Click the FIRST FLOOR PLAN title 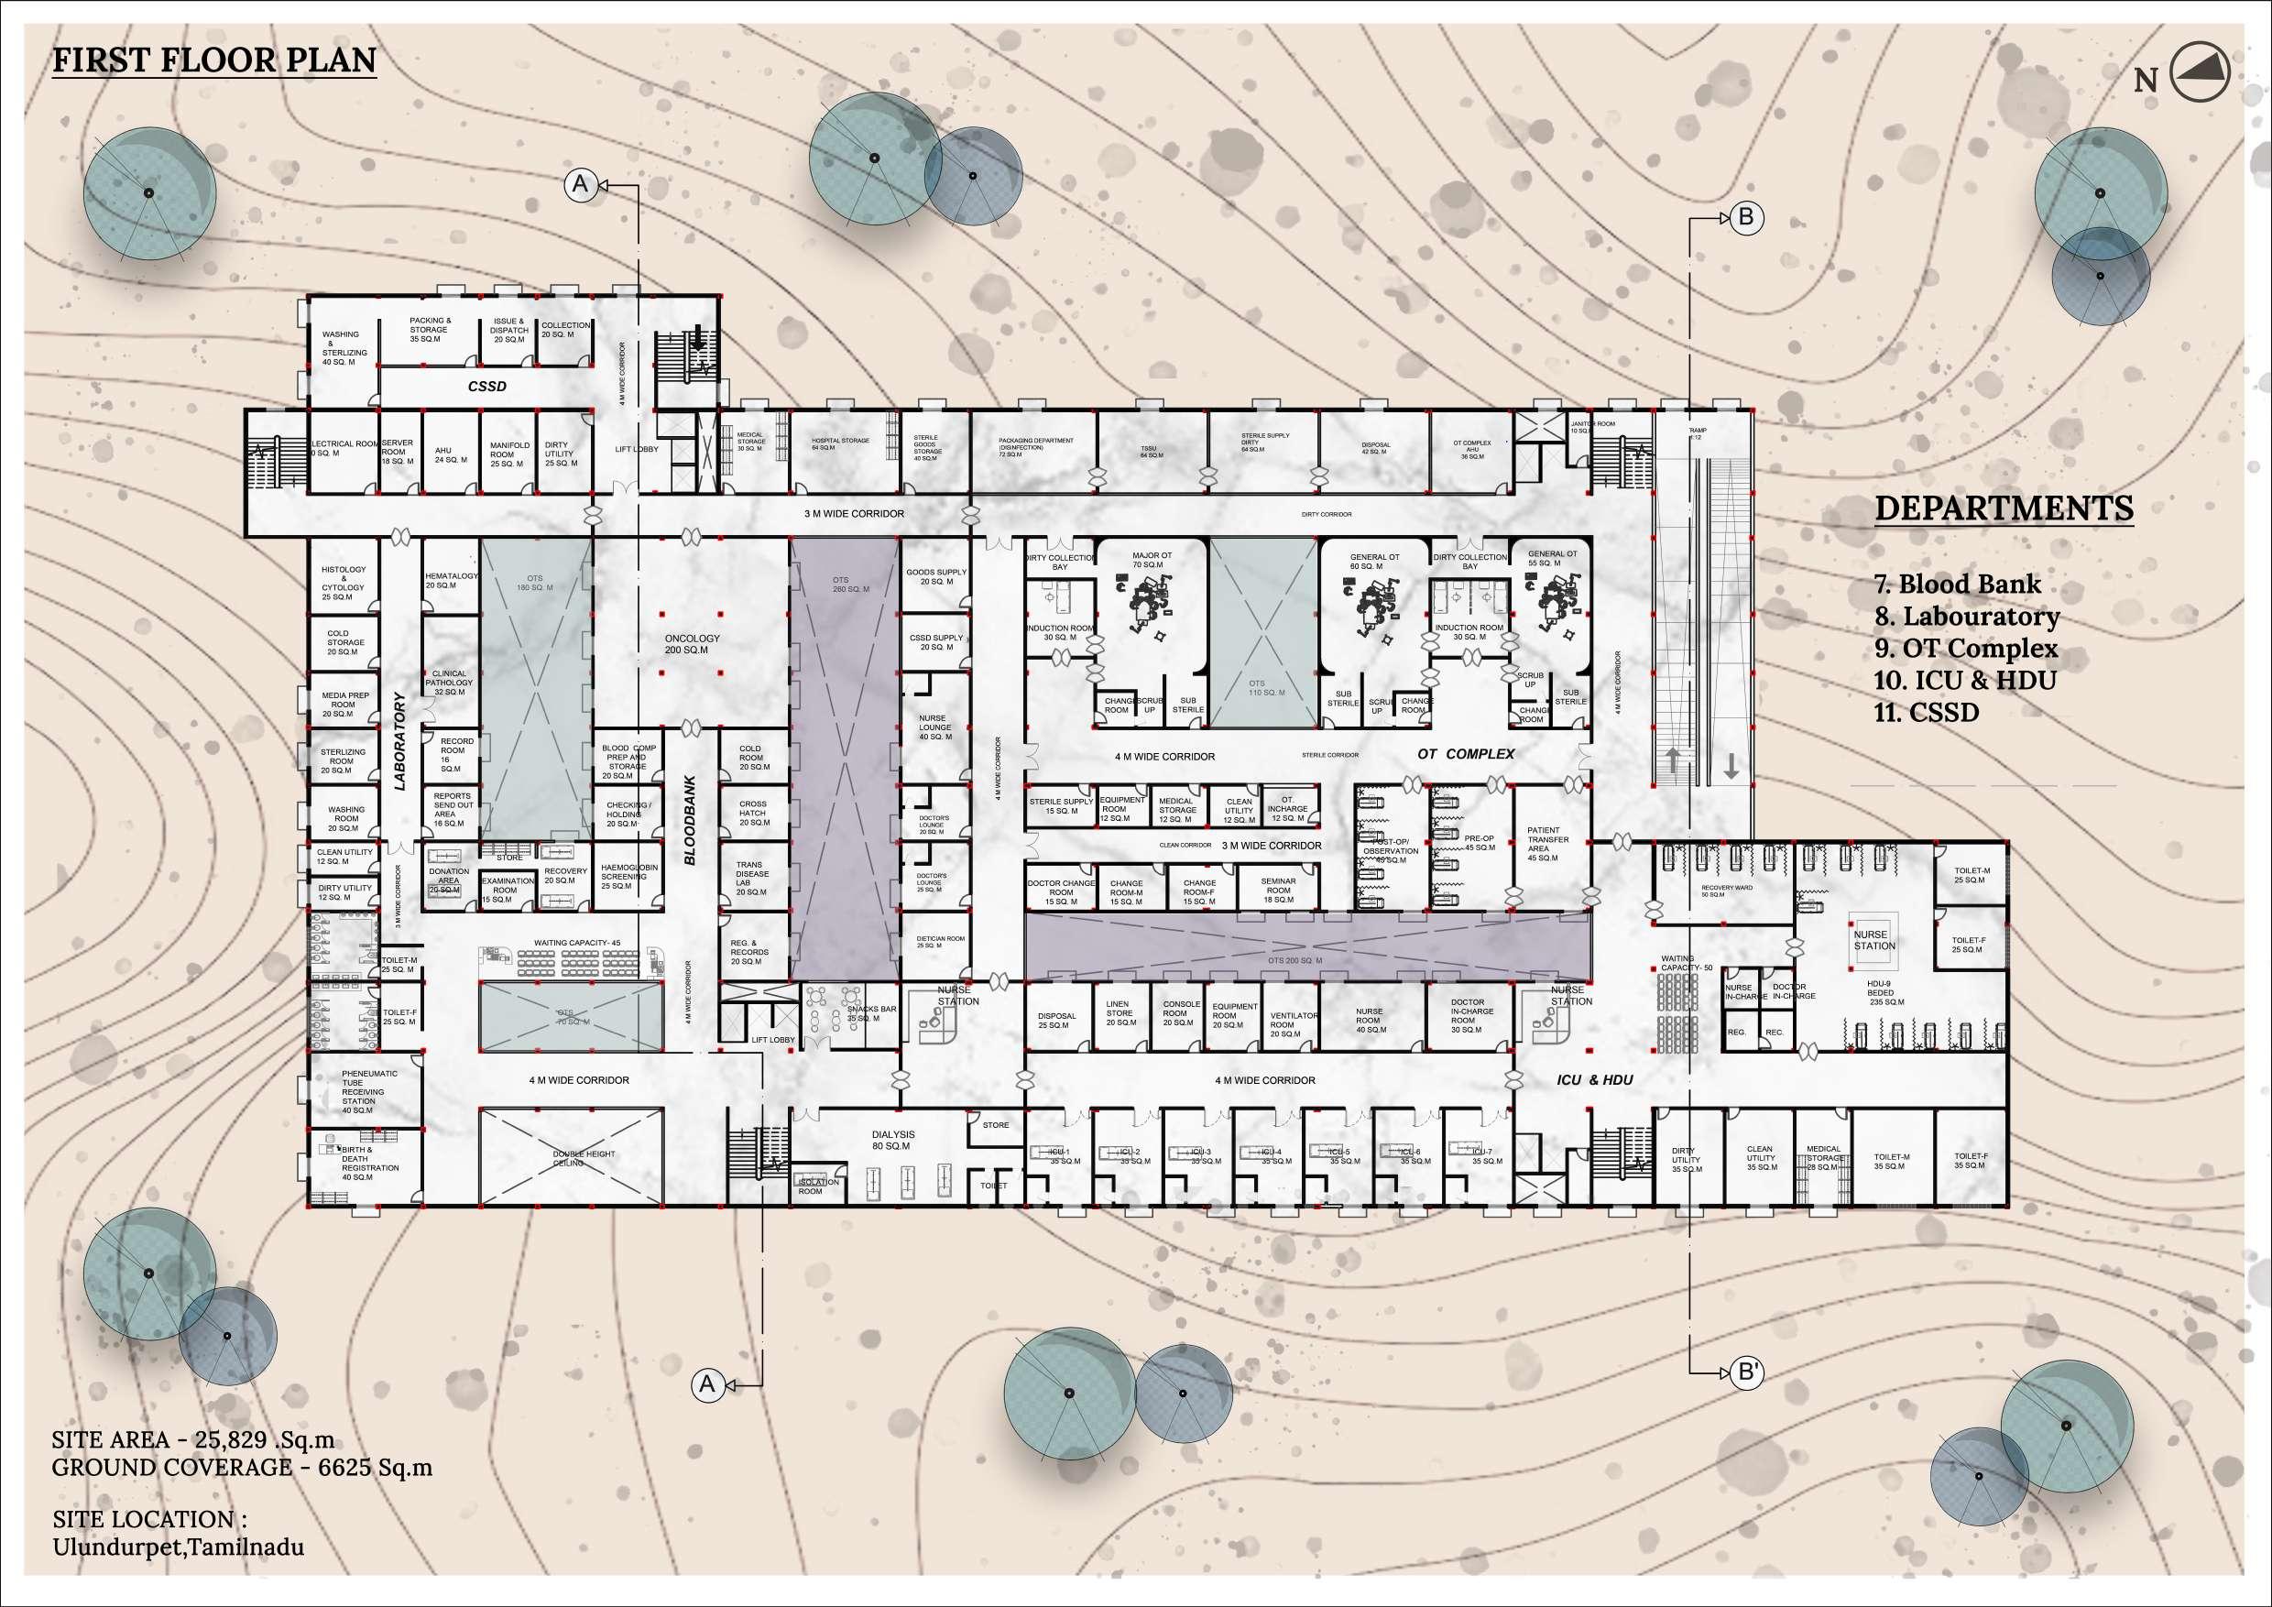pos(213,60)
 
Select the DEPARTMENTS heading pos(2004,508)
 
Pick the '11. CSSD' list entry pos(1926,712)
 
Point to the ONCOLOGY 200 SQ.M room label pos(692,644)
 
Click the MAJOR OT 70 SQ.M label pos(1152,561)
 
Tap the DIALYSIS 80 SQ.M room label pos(892,1140)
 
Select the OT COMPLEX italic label pos(1466,753)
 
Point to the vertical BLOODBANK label pos(691,820)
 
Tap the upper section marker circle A pos(581,184)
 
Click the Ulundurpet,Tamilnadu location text pos(178,1547)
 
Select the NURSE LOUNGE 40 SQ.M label pos(934,727)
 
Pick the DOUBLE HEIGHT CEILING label pos(583,1159)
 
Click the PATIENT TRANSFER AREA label pos(1546,844)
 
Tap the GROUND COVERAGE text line pos(242,1468)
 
